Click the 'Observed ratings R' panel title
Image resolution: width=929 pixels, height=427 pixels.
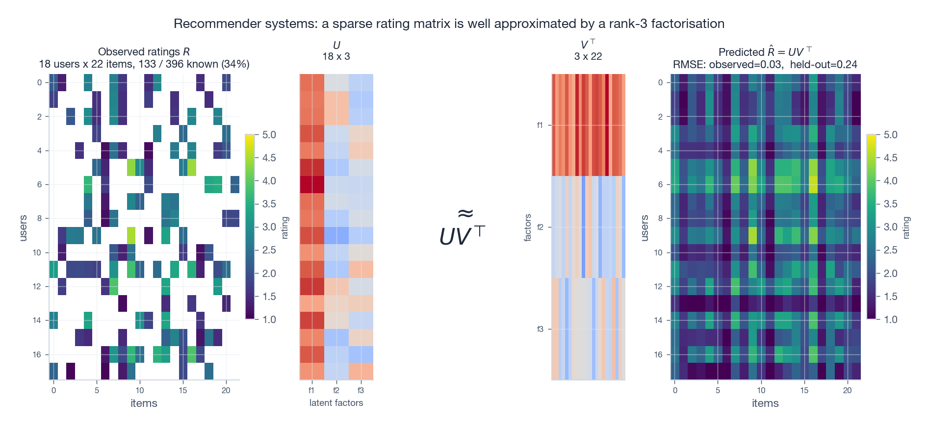coord(144,51)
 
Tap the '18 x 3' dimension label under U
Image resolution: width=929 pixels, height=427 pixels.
coord(336,56)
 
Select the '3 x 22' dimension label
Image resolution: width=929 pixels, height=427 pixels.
coord(588,56)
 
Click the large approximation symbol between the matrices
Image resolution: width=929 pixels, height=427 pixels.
coord(465,213)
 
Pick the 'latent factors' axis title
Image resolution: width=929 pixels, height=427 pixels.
coord(336,403)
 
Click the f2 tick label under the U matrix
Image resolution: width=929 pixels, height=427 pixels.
coord(336,390)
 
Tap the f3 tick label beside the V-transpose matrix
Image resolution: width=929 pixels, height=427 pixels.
coord(540,329)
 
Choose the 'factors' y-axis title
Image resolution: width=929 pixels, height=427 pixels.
coord(528,227)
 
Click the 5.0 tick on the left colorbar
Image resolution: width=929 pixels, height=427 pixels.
coord(269,135)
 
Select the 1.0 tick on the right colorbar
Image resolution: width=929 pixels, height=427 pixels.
coord(891,320)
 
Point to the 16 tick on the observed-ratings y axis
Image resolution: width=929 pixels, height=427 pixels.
coord(37,354)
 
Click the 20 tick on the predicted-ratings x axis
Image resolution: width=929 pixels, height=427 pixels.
coord(848,390)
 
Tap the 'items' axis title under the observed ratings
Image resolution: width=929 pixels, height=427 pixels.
coord(144,403)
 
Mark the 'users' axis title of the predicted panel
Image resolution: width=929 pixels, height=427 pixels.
coord(645,228)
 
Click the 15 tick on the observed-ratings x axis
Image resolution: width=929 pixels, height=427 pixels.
coord(183,390)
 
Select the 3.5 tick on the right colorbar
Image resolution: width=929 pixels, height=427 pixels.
coord(891,204)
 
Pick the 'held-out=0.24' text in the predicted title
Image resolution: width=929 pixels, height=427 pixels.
coord(824,64)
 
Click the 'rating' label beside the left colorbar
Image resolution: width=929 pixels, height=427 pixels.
coord(285,228)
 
